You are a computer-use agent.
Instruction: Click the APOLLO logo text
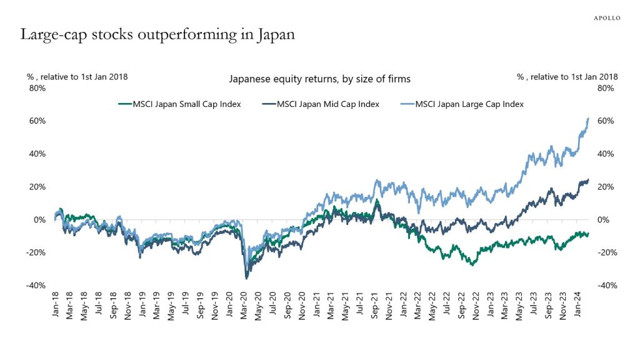(606, 18)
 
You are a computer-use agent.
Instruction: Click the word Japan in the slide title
(274, 35)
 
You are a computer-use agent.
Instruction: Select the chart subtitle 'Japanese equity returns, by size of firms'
(319, 79)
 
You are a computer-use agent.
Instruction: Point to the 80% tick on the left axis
(37, 88)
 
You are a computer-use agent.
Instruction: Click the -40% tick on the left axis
(36, 286)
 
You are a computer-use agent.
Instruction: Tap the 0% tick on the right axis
(604, 220)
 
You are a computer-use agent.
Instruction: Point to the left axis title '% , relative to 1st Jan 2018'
(77, 76)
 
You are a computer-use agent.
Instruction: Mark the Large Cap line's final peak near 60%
(588, 119)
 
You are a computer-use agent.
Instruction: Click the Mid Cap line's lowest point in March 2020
(246, 278)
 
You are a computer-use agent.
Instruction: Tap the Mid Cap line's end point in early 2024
(588, 180)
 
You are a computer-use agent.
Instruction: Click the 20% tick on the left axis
(37, 187)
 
